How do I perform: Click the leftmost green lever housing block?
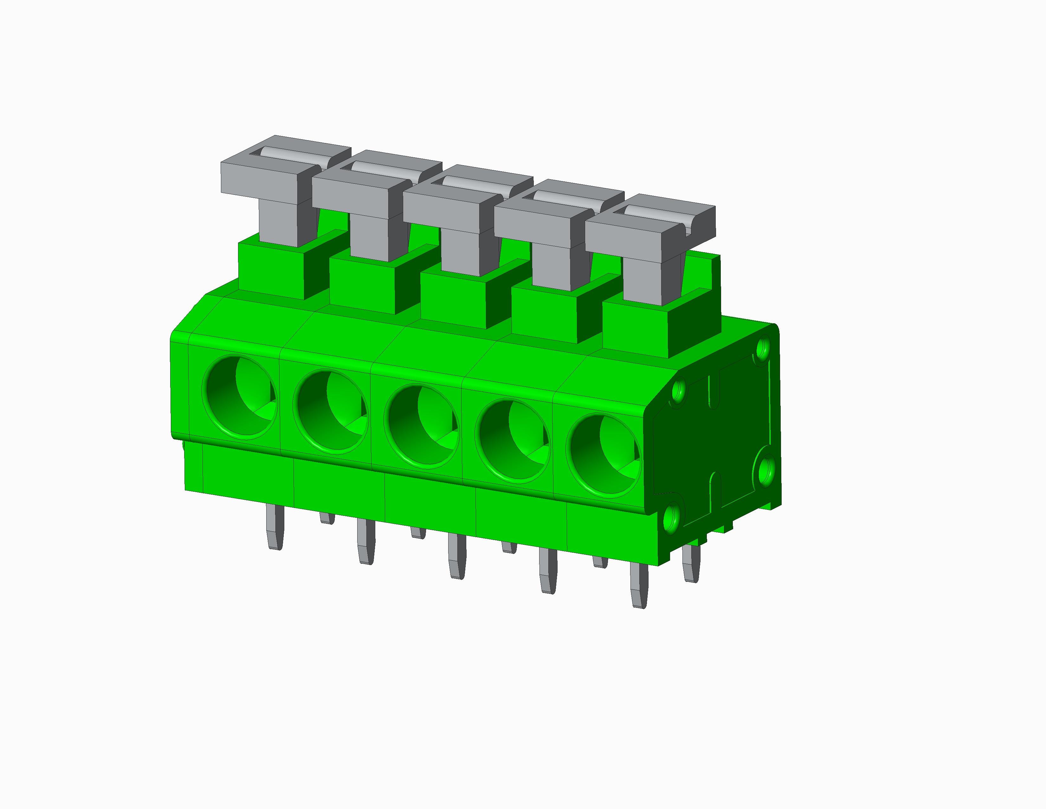(271, 271)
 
